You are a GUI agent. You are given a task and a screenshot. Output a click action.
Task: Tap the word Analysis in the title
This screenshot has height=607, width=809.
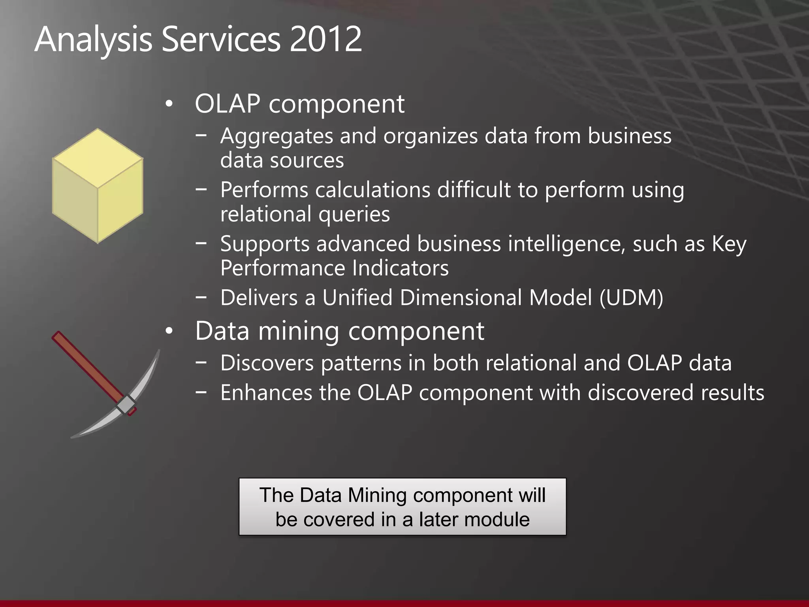(93, 40)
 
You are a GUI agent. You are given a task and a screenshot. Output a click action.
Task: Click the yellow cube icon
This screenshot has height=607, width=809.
(98, 186)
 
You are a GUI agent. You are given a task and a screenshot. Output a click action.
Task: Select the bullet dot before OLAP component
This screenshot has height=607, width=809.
(169, 105)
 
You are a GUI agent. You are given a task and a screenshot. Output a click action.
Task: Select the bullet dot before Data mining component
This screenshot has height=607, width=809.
(169, 332)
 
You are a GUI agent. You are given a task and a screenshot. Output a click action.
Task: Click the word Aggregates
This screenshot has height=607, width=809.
(276, 136)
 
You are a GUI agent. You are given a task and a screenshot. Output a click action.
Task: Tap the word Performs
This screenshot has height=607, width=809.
(264, 190)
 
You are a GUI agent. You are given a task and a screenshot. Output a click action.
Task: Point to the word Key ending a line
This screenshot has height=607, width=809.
(729, 244)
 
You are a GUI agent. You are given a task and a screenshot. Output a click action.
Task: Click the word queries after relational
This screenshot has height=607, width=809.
(354, 215)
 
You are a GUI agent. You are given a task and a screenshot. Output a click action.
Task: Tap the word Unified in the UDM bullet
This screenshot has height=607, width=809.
(357, 298)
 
